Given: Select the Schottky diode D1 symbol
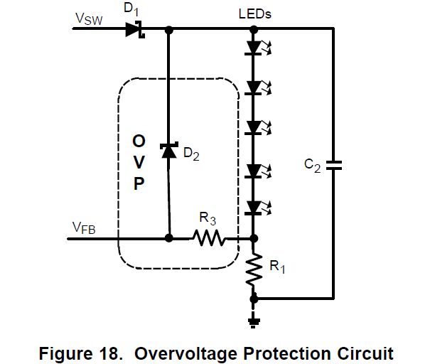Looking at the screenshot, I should pos(134,29).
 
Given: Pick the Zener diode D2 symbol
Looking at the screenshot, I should pos(168,151).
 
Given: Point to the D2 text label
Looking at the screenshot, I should pos(191,154).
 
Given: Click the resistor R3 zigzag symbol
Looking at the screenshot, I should pos(209,238).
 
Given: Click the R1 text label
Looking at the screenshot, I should pos(279,267).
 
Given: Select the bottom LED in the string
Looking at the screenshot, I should pos(254,208).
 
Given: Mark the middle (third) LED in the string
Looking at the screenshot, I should pos(254,127).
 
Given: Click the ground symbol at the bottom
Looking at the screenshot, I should pos(254,321).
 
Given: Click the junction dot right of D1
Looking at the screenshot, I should pos(168,30).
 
